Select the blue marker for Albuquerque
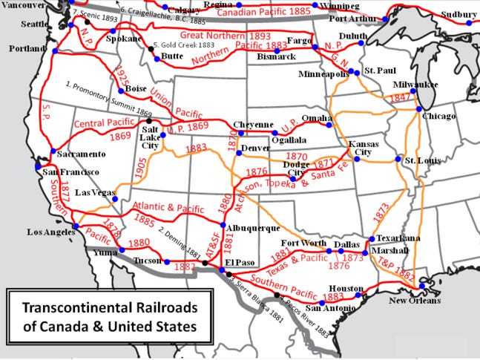pos(223,226)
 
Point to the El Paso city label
pos(240,263)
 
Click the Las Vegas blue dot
pos(115,200)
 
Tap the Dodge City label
pos(296,168)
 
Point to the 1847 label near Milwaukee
pos(398,97)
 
